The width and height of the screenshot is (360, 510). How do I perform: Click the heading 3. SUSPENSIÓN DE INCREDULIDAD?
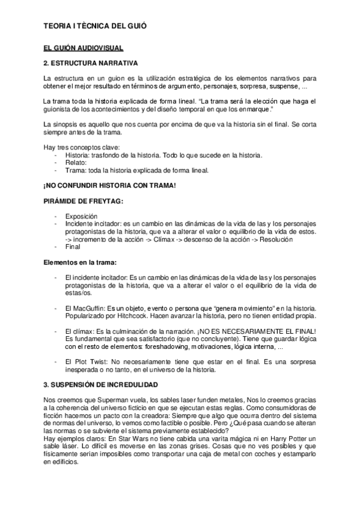pyautogui.click(x=105, y=384)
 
